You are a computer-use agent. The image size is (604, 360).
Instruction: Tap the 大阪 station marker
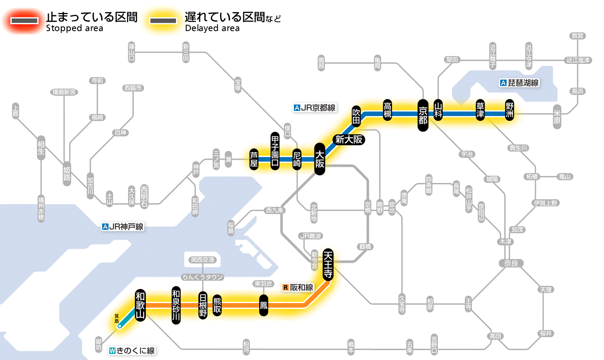pos(319,159)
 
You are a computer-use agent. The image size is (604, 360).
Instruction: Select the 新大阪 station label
pos(349,140)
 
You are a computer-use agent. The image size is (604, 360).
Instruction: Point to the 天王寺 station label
pos(327,265)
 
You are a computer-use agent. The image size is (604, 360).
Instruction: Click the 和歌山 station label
pos(140,305)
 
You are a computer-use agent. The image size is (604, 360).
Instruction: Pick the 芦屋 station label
pos(255,159)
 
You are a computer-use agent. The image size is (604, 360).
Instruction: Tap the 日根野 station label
pos(203,305)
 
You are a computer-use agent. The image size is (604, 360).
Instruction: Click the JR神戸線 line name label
pos(123,227)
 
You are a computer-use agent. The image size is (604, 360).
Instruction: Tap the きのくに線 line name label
pos(132,351)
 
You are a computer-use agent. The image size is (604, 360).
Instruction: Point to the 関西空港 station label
pos(202,260)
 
